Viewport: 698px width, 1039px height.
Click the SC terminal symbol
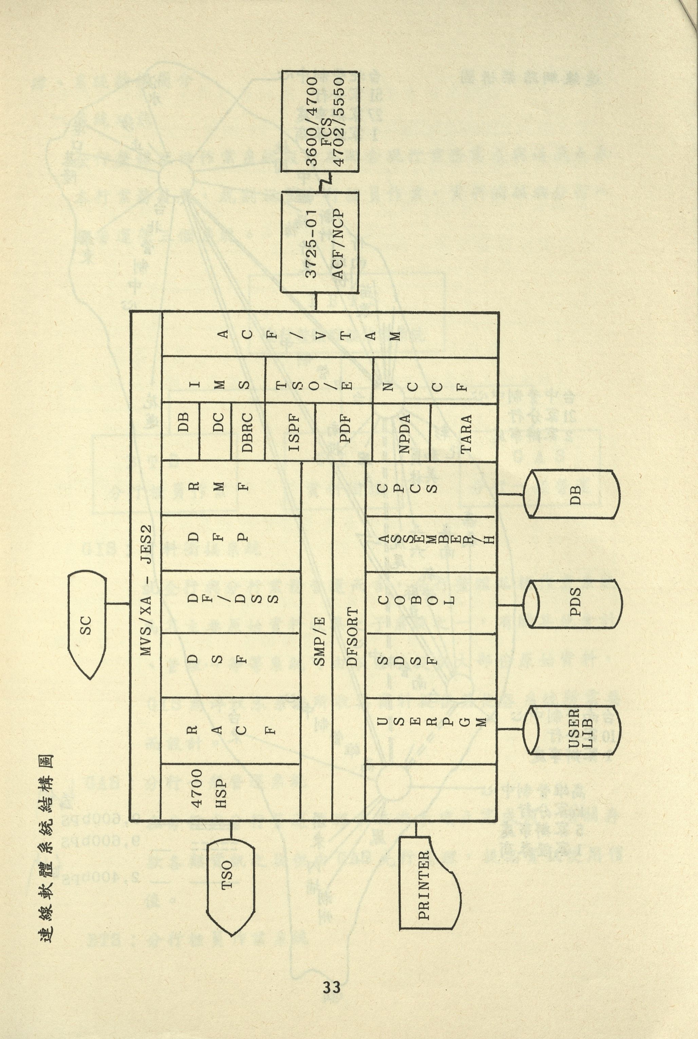point(87,625)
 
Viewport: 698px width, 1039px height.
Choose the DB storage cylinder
point(574,494)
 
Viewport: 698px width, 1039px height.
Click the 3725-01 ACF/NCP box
point(319,243)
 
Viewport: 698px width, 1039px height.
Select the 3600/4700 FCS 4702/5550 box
point(319,121)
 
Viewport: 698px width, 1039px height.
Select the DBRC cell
point(247,432)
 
